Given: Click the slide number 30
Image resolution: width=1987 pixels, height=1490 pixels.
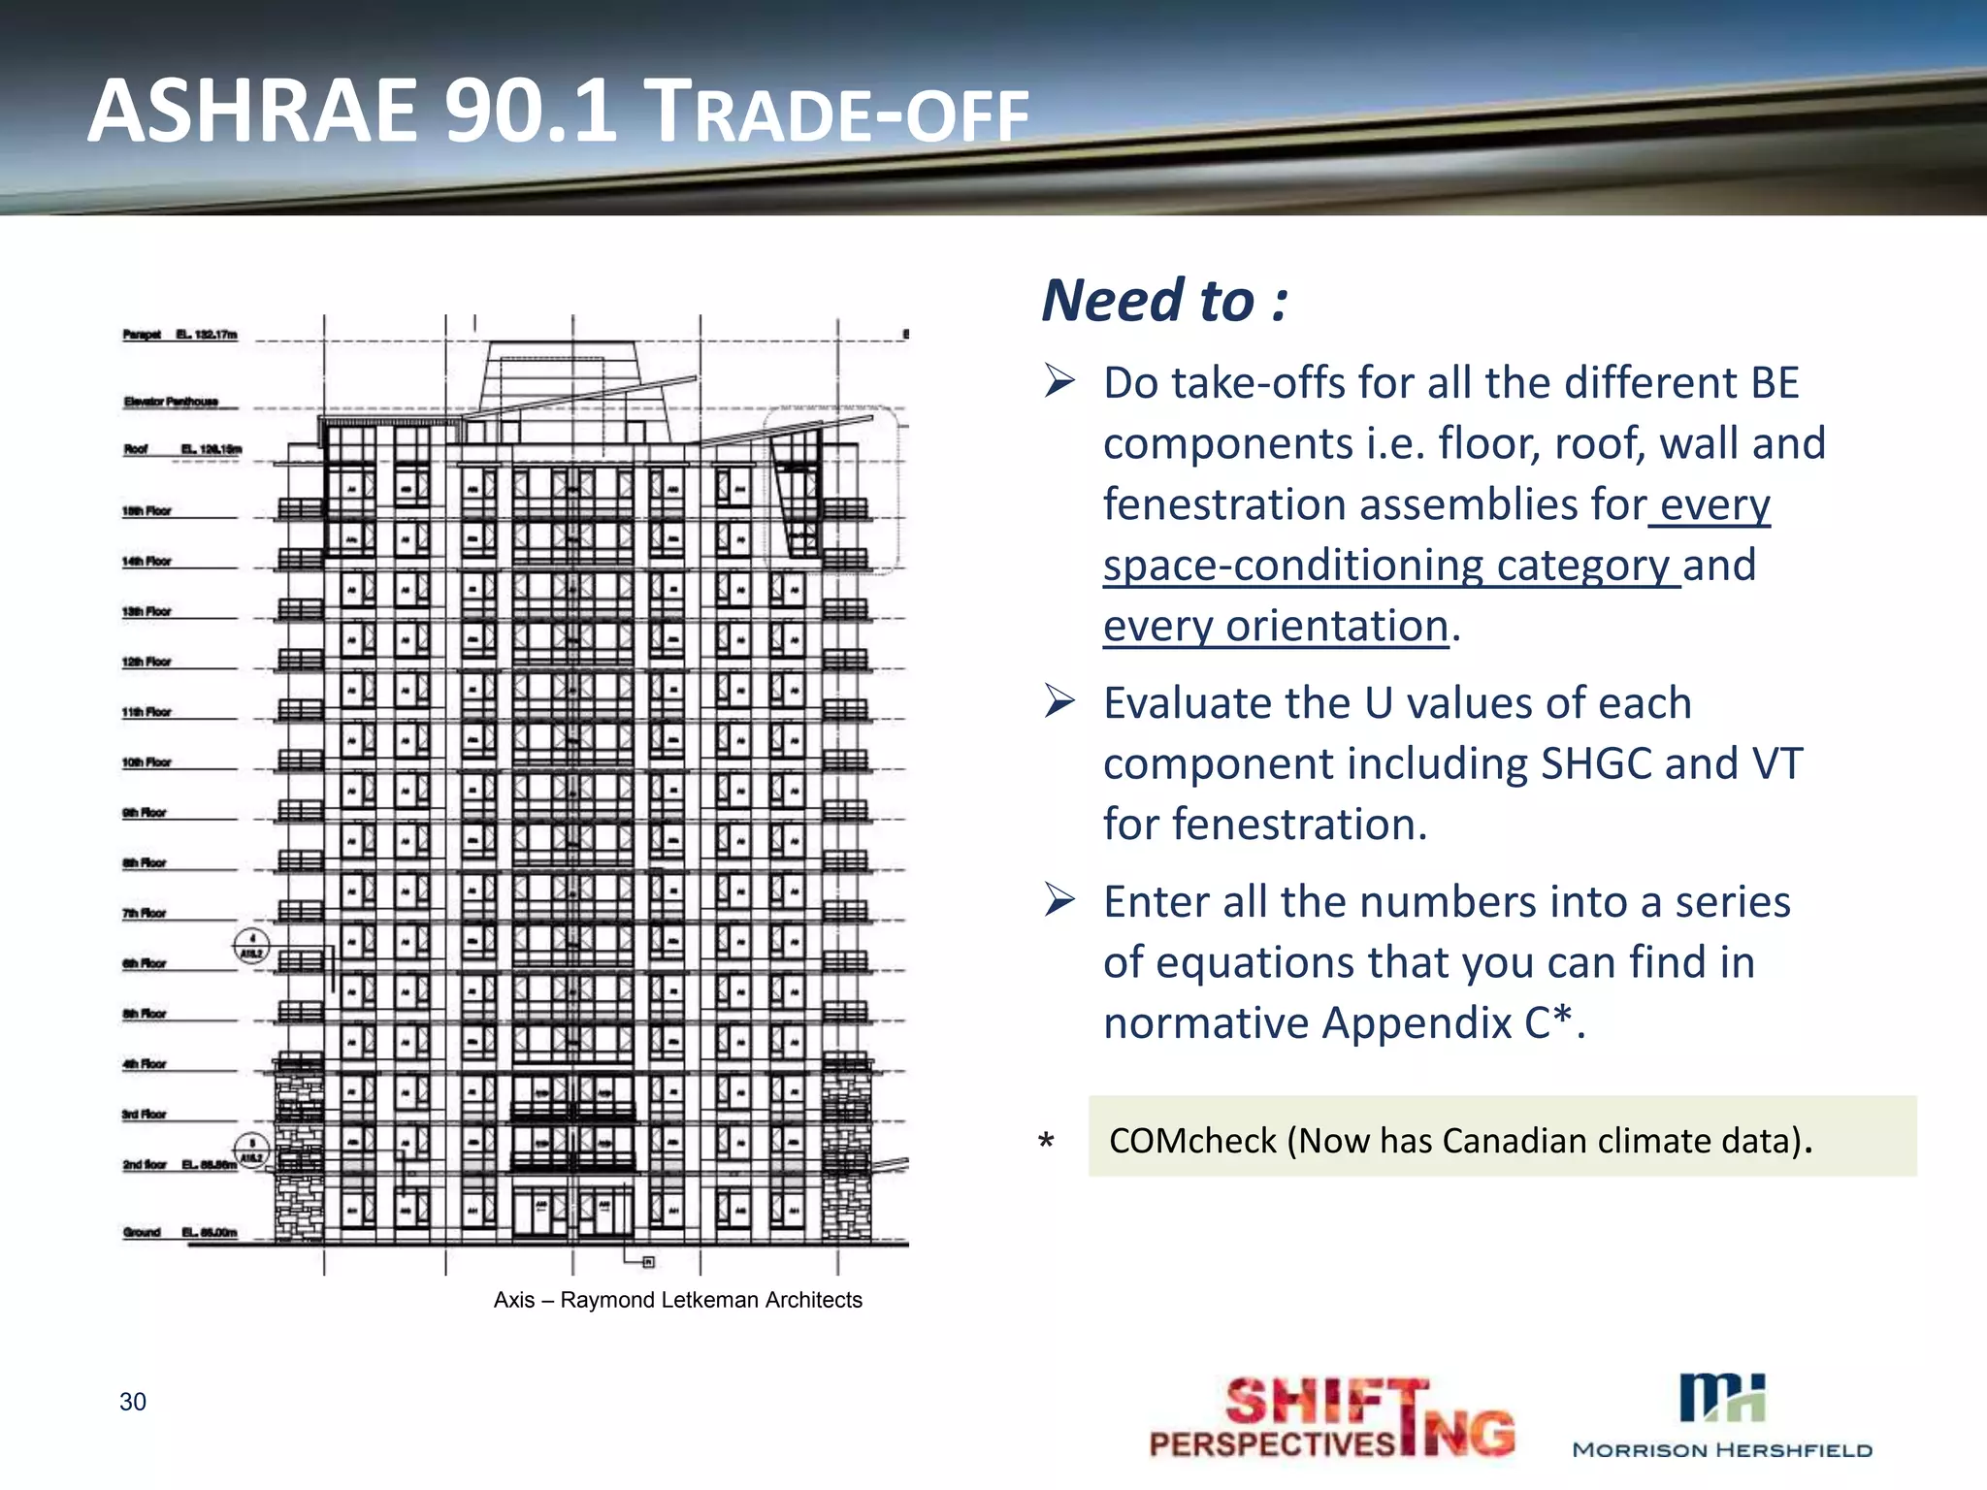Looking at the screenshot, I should pyautogui.click(x=133, y=1401).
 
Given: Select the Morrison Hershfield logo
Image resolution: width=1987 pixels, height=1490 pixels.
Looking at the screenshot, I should pyautogui.click(x=1722, y=1415).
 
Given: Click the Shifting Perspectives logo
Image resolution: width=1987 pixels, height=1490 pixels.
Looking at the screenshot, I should pyautogui.click(x=1332, y=1417).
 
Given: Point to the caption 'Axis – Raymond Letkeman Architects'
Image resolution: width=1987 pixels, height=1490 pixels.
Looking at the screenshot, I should pyautogui.click(x=677, y=1300).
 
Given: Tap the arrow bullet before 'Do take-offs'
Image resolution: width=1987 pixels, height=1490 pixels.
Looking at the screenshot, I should pyautogui.click(x=1059, y=380).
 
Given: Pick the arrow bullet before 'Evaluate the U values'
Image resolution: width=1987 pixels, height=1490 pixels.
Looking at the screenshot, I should pyautogui.click(x=1059, y=700).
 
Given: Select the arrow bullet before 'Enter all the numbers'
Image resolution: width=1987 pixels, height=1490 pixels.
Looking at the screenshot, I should pyautogui.click(x=1059, y=900).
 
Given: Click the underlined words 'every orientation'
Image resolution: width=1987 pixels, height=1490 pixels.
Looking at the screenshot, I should pyautogui.click(x=1276, y=626).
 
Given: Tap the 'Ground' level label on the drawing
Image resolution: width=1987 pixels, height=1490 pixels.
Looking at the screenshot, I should pyautogui.click(x=142, y=1232).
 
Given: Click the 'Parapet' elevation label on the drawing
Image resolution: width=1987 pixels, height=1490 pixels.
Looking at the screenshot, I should pyautogui.click(x=142, y=335).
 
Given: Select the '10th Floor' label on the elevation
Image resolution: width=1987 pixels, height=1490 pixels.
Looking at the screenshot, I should pyautogui.click(x=147, y=762).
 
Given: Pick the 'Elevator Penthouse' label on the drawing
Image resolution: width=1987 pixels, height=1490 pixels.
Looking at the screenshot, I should pyautogui.click(x=171, y=402).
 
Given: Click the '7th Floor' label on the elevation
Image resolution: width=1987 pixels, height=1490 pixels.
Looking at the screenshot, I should pyautogui.click(x=145, y=913).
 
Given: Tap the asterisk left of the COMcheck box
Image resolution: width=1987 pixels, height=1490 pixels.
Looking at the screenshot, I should pyautogui.click(x=1046, y=1141).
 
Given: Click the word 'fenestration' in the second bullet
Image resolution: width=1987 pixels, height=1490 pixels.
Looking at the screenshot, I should pyautogui.click(x=1265, y=825).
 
